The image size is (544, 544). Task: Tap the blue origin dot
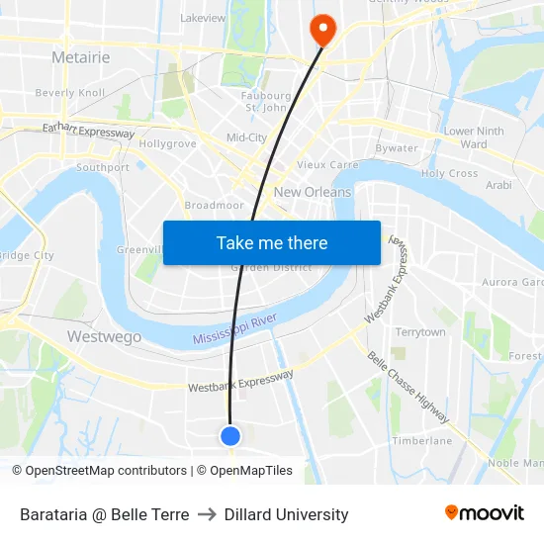(230, 435)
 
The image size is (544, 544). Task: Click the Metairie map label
(80, 57)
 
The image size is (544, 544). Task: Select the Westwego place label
(104, 336)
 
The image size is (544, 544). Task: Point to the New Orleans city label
(313, 192)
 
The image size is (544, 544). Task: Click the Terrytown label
(420, 332)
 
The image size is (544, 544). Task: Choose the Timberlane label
(421, 440)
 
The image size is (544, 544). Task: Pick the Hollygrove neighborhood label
(167, 143)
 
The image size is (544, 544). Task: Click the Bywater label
(397, 148)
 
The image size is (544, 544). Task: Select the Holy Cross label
(449, 173)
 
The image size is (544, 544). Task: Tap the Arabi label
(499, 184)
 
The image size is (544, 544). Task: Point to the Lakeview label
(203, 18)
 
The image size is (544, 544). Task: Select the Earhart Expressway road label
(88, 130)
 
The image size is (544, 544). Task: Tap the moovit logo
(484, 513)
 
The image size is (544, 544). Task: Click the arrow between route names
(207, 514)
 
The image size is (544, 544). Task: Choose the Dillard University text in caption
(286, 514)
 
